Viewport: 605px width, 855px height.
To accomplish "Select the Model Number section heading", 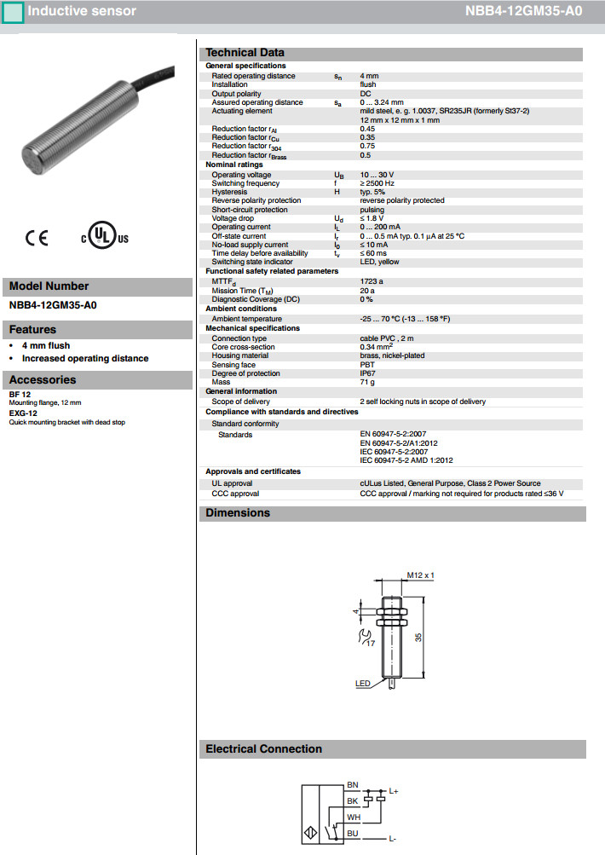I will click(x=49, y=286).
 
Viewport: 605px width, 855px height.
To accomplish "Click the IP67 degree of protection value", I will click(x=368, y=373).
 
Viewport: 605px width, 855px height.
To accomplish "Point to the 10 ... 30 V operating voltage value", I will click(x=377, y=175).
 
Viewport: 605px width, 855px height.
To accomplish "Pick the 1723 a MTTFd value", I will click(x=372, y=280).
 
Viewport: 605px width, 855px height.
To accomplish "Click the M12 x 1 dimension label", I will click(x=420, y=575).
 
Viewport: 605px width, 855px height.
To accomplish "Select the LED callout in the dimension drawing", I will click(x=362, y=684).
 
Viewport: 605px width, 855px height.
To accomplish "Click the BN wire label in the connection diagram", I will click(x=353, y=784).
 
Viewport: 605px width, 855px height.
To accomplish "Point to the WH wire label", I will click(x=353, y=817).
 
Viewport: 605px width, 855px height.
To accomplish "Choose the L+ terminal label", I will click(x=394, y=792).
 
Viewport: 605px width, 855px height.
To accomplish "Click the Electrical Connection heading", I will click(x=263, y=749).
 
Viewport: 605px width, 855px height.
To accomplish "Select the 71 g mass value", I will click(x=368, y=382).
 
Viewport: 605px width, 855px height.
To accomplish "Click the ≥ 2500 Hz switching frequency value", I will click(x=377, y=183).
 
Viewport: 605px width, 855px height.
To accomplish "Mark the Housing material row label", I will click(x=240, y=355).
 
